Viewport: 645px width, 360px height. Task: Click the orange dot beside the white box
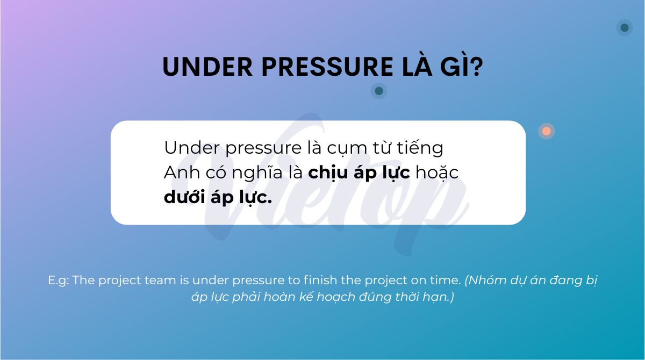pos(547,131)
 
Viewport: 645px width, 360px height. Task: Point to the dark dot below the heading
pos(379,91)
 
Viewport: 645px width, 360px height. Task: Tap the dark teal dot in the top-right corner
pos(625,27)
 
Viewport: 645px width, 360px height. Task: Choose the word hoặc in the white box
pos(436,173)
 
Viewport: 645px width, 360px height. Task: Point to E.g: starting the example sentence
pos(59,280)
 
